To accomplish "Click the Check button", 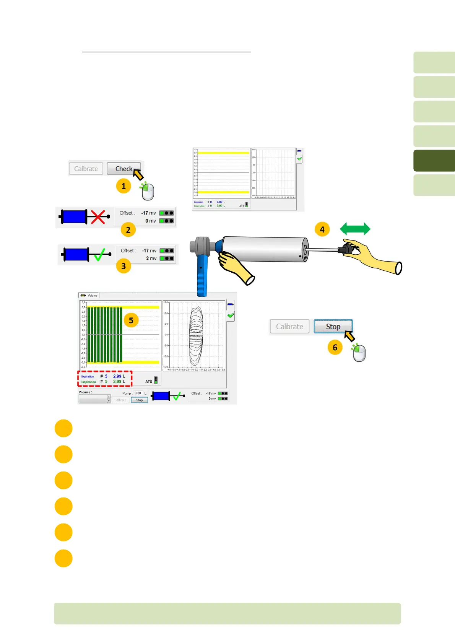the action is pyautogui.click(x=123, y=169).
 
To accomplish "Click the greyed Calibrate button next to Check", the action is pyautogui.click(x=86, y=169).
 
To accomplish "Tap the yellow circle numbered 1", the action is pyautogui.click(x=123, y=186).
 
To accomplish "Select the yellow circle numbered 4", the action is pyautogui.click(x=322, y=229).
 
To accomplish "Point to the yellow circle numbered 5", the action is pyautogui.click(x=131, y=320).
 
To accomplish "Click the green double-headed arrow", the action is pyautogui.click(x=355, y=229).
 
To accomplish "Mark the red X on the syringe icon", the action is pyautogui.click(x=98, y=216).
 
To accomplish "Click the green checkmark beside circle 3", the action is pyautogui.click(x=100, y=254).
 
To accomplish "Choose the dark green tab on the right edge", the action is pyautogui.click(x=434, y=161).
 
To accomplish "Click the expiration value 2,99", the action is pyautogui.click(x=117, y=376).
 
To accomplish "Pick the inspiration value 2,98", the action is pyautogui.click(x=117, y=382).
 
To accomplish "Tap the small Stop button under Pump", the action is pyautogui.click(x=139, y=400).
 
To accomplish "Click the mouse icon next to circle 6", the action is pyautogui.click(x=359, y=353).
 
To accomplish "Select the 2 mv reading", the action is pyautogui.click(x=151, y=259).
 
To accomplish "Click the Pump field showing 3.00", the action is pyautogui.click(x=138, y=393).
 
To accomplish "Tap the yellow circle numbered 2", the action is pyautogui.click(x=128, y=230).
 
